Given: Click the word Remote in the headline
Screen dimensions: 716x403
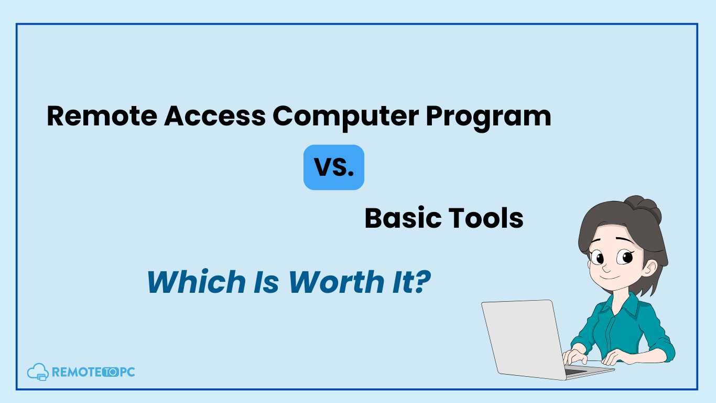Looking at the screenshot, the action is click(x=102, y=115).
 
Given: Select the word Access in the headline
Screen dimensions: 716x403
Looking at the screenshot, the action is click(x=215, y=115).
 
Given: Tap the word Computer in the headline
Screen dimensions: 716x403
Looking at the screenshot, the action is click(x=345, y=118).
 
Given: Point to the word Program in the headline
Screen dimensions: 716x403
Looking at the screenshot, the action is click(x=489, y=118).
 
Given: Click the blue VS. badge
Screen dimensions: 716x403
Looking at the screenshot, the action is click(x=334, y=167).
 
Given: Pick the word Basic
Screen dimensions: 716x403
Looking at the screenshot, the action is click(x=403, y=218).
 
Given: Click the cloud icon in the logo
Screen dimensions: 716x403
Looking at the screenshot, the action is click(x=38, y=372).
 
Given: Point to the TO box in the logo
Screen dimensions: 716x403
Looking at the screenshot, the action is click(x=111, y=372).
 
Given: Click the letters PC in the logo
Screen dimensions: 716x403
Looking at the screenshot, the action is click(x=127, y=372).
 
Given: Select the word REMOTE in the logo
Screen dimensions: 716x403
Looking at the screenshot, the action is click(x=77, y=372).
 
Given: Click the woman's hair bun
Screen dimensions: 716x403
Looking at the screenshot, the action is click(x=643, y=208).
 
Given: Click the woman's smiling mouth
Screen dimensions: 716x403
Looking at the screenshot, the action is click(x=609, y=277).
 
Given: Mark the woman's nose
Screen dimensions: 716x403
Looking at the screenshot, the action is click(x=605, y=267).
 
